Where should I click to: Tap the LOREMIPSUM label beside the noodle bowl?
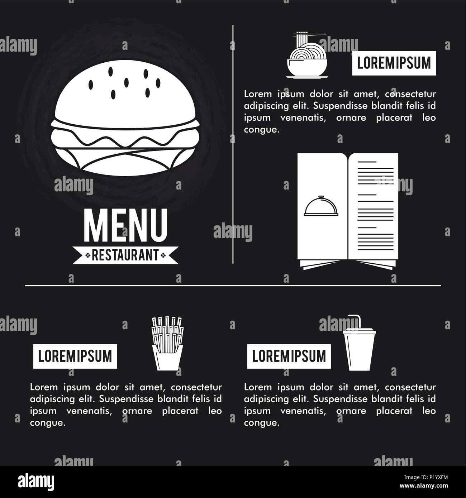pyautogui.click(x=394, y=63)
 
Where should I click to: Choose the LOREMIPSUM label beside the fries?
pyautogui.click(x=75, y=356)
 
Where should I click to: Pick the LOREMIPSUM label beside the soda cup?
pyautogui.click(x=289, y=356)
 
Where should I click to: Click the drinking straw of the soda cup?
pyautogui.click(x=355, y=320)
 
